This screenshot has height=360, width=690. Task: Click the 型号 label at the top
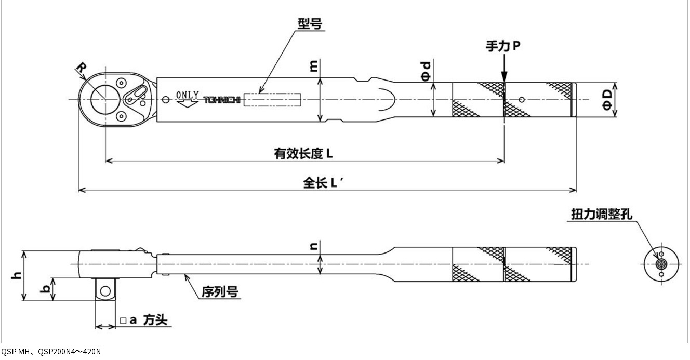pyautogui.click(x=310, y=24)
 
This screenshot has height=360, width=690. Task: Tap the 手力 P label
pyautogui.click(x=502, y=46)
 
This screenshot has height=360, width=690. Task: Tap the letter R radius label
pyautogui.click(x=82, y=68)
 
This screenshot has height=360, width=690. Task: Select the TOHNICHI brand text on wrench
pyautogui.click(x=221, y=100)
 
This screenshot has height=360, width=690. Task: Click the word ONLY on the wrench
pyautogui.click(x=187, y=95)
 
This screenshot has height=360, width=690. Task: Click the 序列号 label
pyautogui.click(x=220, y=292)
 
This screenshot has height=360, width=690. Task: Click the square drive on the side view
pyautogui.click(x=105, y=289)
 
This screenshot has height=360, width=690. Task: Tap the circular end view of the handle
pyautogui.click(x=660, y=264)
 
